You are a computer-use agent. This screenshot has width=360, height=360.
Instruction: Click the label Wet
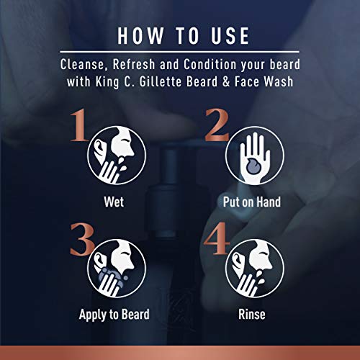(113, 202)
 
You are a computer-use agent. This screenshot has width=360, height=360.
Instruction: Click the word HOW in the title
(138, 35)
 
